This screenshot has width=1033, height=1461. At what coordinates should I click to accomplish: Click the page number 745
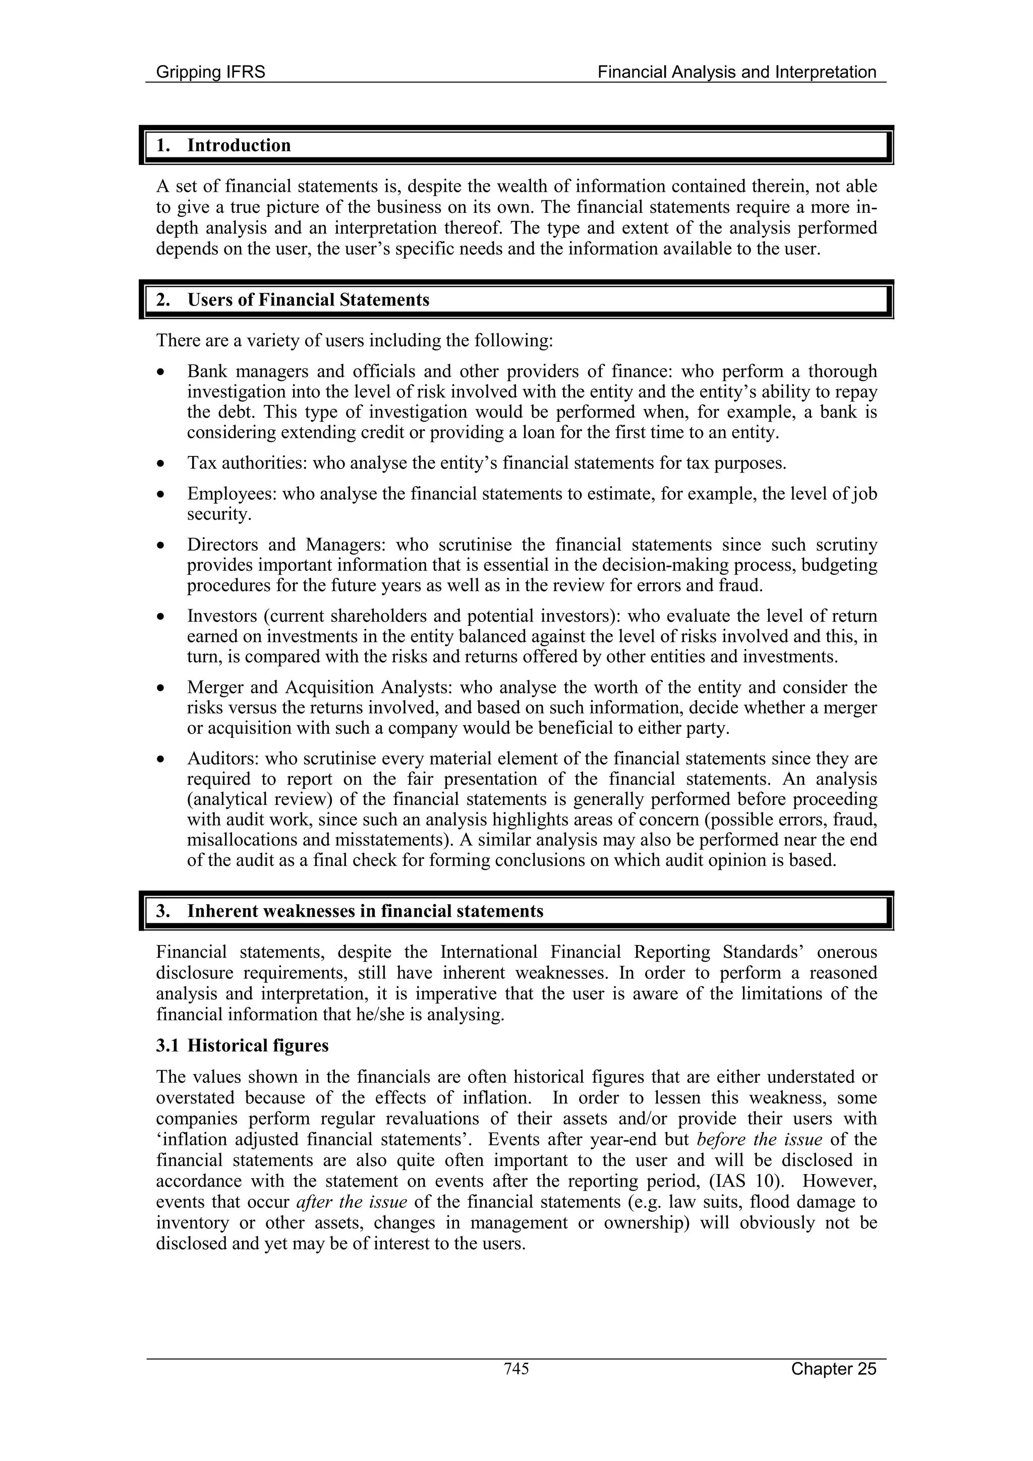pos(516,1368)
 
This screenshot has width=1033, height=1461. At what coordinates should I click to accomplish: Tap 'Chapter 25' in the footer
pos(833,1369)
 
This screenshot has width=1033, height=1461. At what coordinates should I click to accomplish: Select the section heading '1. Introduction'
pos(223,145)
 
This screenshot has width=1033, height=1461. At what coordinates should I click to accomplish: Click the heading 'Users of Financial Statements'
pos(308,300)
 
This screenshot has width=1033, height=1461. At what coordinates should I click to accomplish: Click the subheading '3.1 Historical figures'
pos(242,1046)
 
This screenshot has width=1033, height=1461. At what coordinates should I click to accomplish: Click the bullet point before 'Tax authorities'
pos(163,462)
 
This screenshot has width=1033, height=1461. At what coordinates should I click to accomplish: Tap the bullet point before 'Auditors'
pos(163,758)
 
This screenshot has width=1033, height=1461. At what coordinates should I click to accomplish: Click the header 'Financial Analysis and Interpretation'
pos(736,72)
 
